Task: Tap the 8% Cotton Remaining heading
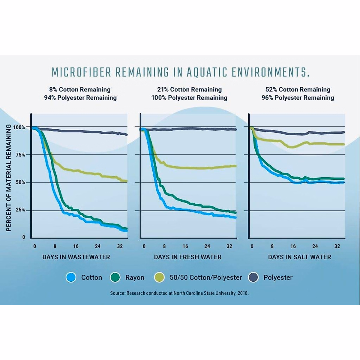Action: [80, 89]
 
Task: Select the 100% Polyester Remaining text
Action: [189, 98]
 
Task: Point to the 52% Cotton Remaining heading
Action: [298, 89]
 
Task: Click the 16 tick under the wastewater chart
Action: [76, 246]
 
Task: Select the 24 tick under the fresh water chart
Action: [207, 246]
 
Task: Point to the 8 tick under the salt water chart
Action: [272, 246]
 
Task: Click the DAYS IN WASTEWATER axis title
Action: [76, 257]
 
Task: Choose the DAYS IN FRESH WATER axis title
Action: [188, 257]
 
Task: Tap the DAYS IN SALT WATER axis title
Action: [300, 257]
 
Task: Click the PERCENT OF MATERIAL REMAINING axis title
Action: [9, 178]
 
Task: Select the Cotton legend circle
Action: [71, 277]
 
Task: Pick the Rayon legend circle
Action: [115, 277]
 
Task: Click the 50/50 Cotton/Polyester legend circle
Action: [159, 277]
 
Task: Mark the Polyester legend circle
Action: [253, 277]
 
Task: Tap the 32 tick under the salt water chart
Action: [337, 246]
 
